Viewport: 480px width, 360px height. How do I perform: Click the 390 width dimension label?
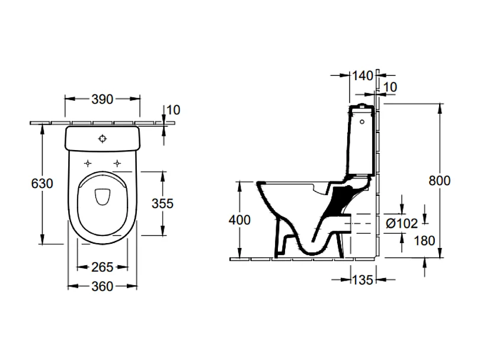click(x=103, y=100)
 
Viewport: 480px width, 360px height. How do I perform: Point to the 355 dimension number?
click(x=162, y=203)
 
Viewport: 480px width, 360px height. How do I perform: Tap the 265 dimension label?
click(x=103, y=267)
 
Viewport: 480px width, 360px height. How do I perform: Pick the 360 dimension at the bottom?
click(x=103, y=286)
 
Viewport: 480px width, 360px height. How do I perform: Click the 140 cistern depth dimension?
click(x=362, y=76)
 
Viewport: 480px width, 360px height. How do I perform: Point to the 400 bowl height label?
click(x=239, y=220)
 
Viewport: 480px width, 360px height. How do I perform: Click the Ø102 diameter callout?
click(x=402, y=223)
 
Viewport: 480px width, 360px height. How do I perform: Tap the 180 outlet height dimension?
click(x=425, y=241)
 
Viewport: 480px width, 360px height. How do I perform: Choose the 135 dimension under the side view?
click(x=362, y=280)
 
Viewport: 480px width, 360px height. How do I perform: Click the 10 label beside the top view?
click(x=173, y=110)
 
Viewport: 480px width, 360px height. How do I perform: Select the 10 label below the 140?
click(x=390, y=87)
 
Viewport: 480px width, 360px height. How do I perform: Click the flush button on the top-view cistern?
click(x=103, y=139)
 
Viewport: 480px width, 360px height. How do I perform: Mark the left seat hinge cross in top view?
click(x=88, y=163)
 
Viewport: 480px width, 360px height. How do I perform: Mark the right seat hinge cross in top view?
click(x=118, y=163)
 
